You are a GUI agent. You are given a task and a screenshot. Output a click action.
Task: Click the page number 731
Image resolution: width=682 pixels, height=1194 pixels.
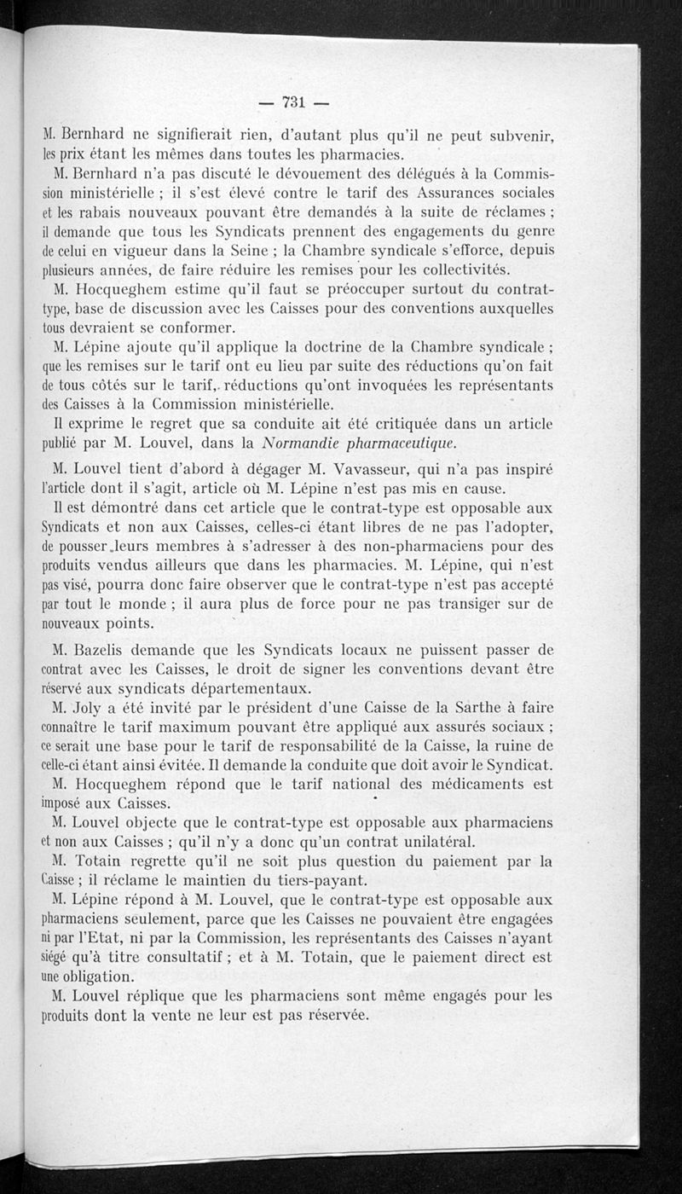pos(292,102)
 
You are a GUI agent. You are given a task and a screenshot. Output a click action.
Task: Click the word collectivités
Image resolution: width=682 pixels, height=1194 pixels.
pos(464,270)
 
